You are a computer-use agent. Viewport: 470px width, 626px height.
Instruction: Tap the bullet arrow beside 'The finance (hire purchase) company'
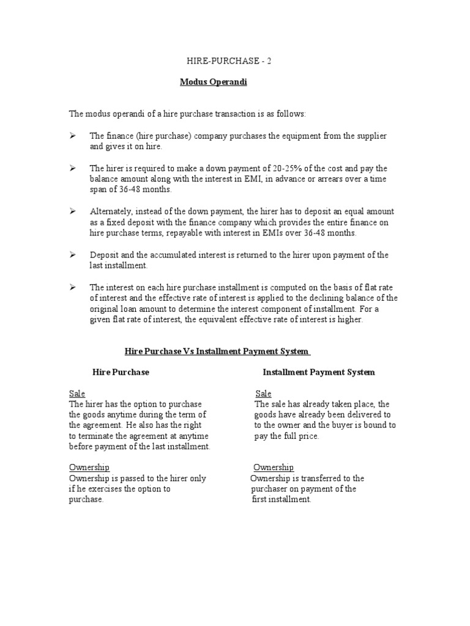(72, 135)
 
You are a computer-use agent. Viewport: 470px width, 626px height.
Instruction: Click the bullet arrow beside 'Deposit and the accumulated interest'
(72, 254)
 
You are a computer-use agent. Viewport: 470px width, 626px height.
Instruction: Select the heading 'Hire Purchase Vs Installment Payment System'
(217, 352)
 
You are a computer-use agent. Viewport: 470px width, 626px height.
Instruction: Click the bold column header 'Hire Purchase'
(121, 372)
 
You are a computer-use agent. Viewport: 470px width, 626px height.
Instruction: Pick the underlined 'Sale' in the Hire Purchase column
(77, 394)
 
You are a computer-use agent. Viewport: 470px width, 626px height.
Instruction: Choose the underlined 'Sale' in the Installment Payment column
(263, 394)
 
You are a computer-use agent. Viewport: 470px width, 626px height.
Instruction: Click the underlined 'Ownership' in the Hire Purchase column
(89, 468)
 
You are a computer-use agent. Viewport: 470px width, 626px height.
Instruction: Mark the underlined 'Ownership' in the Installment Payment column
(274, 468)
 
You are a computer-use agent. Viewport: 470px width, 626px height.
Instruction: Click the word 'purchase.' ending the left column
(86, 499)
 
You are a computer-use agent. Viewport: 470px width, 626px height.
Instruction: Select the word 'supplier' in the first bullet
(371, 136)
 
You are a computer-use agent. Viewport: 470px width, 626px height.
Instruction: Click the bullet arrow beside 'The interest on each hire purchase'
(72, 287)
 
